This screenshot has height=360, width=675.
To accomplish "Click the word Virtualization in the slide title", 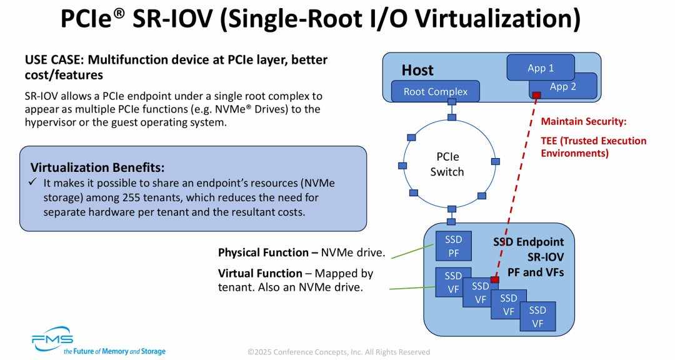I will click(x=497, y=19).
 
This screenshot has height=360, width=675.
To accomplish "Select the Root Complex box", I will click(x=435, y=92).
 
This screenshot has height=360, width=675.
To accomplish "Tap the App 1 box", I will click(x=541, y=67).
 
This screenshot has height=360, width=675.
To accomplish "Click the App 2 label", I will click(x=562, y=87).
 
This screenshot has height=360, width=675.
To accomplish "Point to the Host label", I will click(x=417, y=70).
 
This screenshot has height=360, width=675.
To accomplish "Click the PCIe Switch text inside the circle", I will click(x=447, y=164).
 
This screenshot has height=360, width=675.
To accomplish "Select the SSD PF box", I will click(x=453, y=246).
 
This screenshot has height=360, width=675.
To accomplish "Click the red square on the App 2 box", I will click(x=536, y=95).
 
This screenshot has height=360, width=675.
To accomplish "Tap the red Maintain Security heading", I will click(x=583, y=121).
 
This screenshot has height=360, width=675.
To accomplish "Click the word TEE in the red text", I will click(x=550, y=141).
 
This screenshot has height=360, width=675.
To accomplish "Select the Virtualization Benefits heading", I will click(x=97, y=167).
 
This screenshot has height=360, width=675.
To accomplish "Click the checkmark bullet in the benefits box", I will click(x=34, y=182).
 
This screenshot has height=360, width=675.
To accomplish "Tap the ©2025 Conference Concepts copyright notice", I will click(x=338, y=352).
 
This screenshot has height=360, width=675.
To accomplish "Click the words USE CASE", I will click(x=54, y=60).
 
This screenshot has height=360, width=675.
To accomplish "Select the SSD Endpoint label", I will click(x=528, y=242).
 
